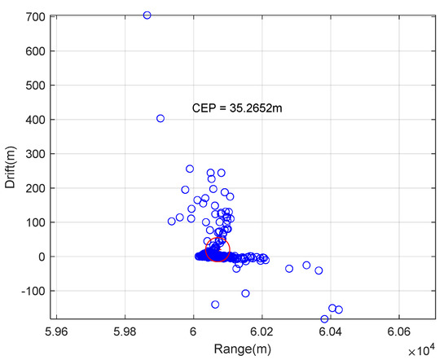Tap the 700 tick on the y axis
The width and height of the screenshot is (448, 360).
click(34, 16)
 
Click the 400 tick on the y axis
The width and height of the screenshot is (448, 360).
click(34, 120)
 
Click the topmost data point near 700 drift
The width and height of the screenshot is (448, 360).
click(147, 15)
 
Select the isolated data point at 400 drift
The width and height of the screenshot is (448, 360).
click(160, 118)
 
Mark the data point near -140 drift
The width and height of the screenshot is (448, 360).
click(215, 305)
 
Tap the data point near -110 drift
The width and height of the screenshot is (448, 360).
click(245, 293)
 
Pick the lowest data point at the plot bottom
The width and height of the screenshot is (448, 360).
click(324, 319)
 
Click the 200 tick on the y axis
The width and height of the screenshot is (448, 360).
click(34, 188)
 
